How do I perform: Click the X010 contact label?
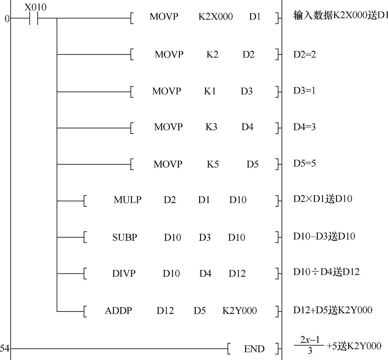click(35, 7)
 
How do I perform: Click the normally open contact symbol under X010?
click(33, 19)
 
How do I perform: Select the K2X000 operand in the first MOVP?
click(215, 17)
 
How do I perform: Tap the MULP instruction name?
click(128, 200)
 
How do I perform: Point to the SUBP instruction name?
click(124, 237)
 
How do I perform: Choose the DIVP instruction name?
click(124, 273)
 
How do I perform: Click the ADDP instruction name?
click(118, 310)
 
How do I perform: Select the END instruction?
click(254, 349)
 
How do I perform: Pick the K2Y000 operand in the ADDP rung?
click(240, 310)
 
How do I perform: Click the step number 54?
click(4, 348)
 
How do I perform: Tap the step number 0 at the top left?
click(7, 19)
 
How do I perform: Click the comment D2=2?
click(304, 54)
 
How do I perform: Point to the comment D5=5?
click(304, 163)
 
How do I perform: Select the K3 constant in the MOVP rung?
click(211, 127)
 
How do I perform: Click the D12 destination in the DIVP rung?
click(237, 273)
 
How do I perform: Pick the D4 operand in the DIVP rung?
click(205, 273)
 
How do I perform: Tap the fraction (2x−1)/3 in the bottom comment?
click(310, 345)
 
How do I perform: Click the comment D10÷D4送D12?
click(326, 272)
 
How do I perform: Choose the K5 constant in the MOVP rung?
click(213, 164)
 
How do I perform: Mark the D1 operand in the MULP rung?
click(204, 200)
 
